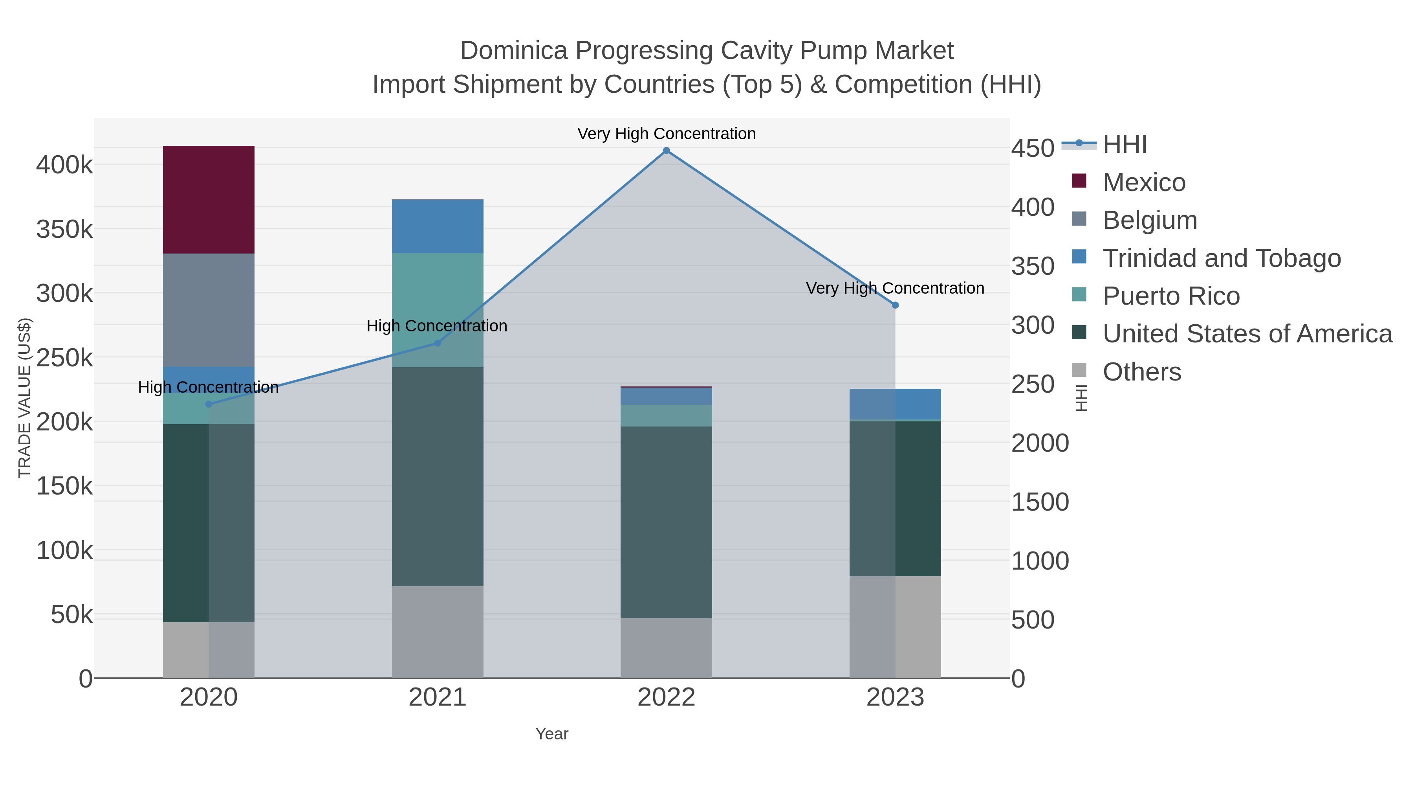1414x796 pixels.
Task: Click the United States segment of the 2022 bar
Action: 666,522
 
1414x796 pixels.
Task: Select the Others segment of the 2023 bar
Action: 895,627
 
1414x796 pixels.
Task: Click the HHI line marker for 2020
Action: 209,404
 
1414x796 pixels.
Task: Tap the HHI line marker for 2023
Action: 895,305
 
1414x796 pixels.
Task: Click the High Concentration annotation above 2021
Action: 437,326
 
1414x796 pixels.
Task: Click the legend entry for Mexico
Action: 1143,182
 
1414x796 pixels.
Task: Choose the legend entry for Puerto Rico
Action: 1171,296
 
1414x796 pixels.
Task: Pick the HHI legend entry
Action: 1124,145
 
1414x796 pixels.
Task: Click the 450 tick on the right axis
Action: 1033,148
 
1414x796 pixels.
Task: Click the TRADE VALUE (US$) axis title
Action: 25,398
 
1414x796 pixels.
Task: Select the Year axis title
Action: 552,734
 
